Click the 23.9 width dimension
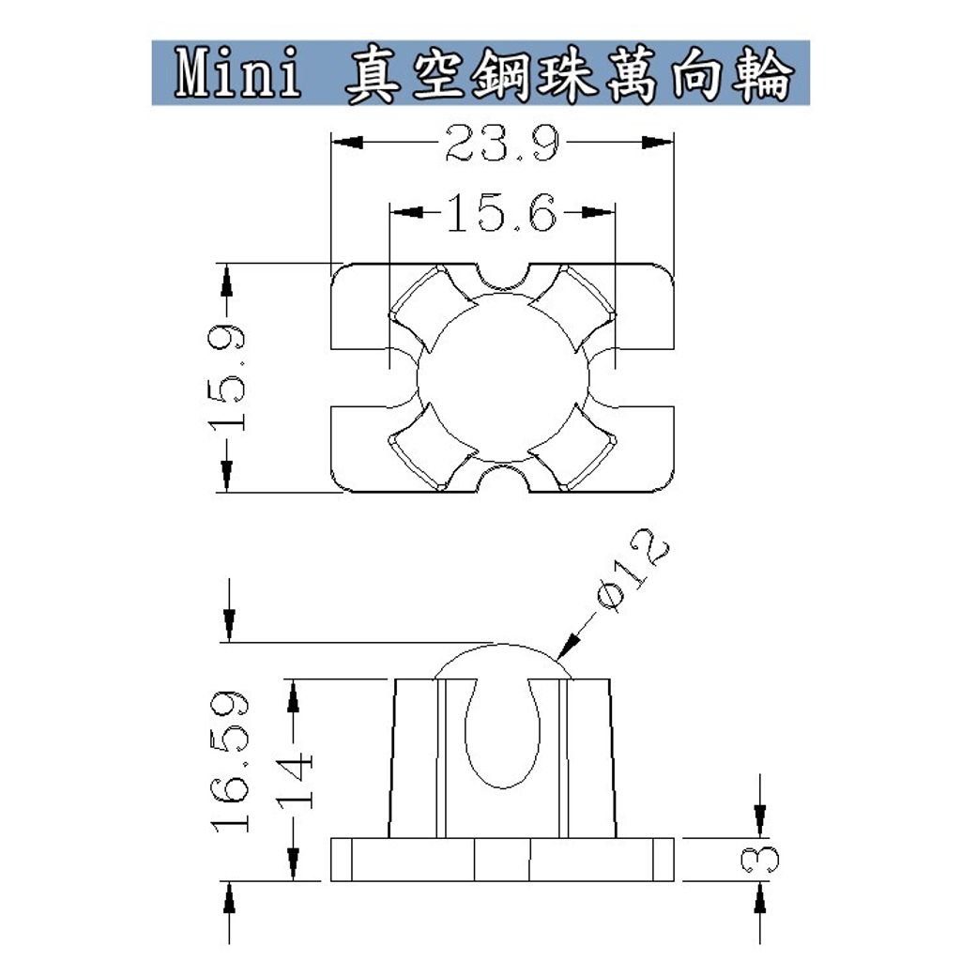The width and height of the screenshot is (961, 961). [502, 144]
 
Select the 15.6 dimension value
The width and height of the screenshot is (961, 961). [501, 214]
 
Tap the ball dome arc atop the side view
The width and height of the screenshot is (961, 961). [502, 650]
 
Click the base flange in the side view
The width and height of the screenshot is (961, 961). [503, 860]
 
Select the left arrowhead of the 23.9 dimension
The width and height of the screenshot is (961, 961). [347, 143]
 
